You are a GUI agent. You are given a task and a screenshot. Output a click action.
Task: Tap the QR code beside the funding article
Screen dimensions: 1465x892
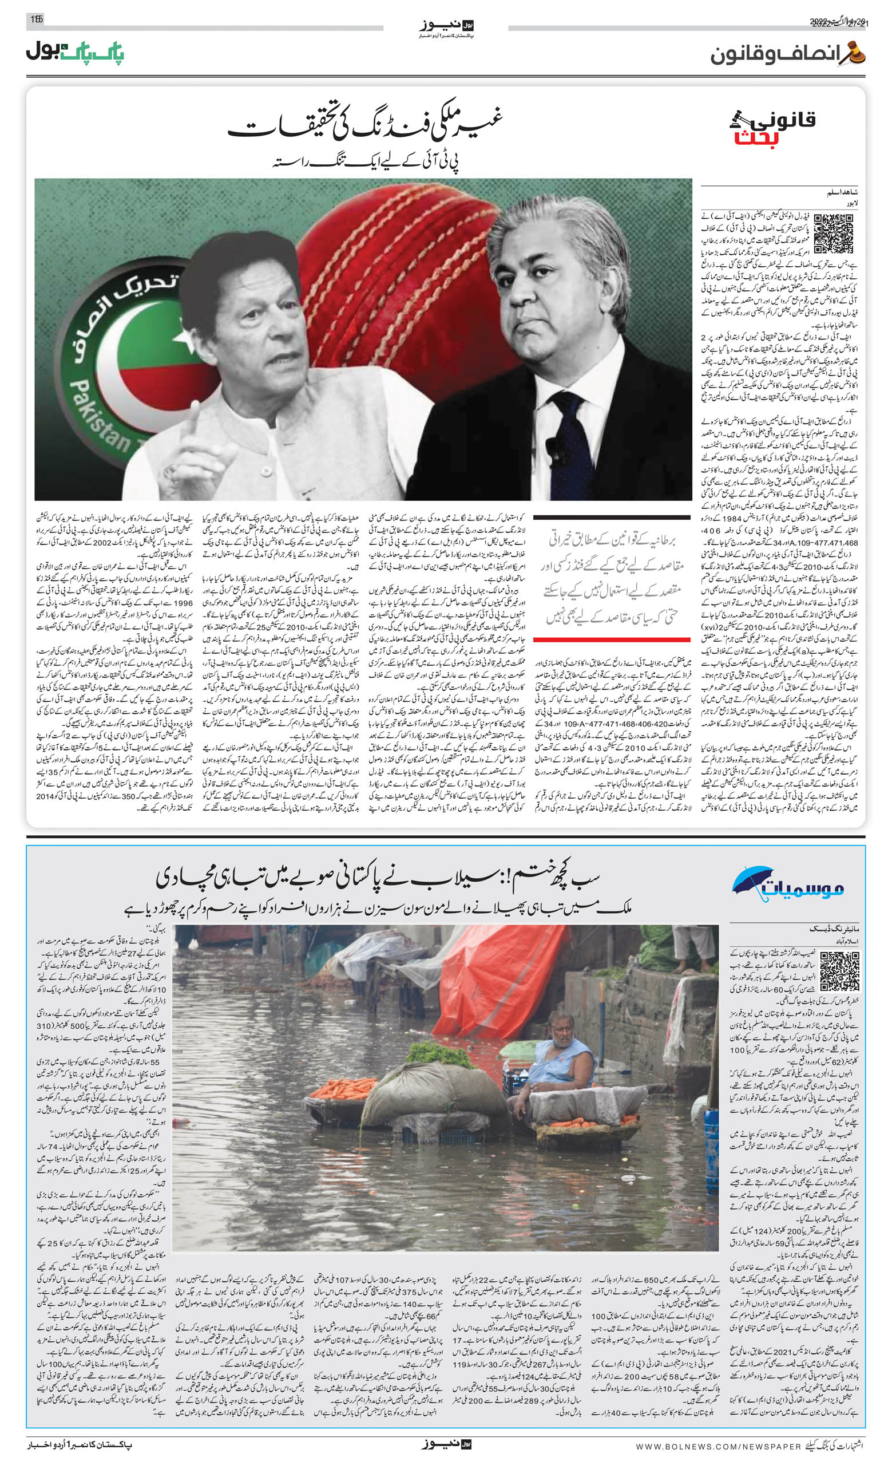coord(833,234)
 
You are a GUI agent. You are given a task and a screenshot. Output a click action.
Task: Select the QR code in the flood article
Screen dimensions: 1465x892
coord(839,970)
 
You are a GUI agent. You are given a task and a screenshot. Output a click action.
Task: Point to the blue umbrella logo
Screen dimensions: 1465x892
coord(752,879)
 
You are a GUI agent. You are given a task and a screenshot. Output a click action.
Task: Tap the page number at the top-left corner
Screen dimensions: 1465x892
coord(37,19)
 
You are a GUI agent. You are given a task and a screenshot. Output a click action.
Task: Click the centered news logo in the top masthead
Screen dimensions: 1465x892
coord(447,27)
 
